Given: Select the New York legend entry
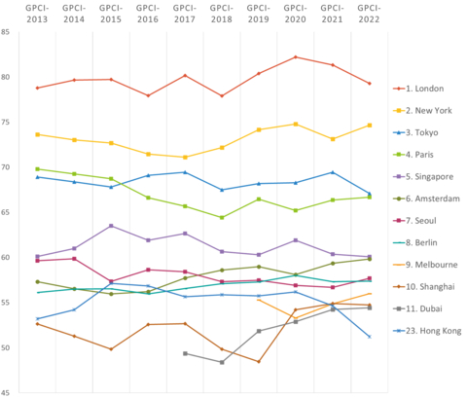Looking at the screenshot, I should (429, 110).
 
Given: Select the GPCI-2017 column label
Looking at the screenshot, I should (185, 14).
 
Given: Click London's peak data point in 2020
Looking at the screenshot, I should (296, 57).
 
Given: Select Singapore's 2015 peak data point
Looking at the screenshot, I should (111, 226).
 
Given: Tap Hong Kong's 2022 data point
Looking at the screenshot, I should (370, 337).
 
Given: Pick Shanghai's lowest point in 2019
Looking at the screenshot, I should (259, 361).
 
